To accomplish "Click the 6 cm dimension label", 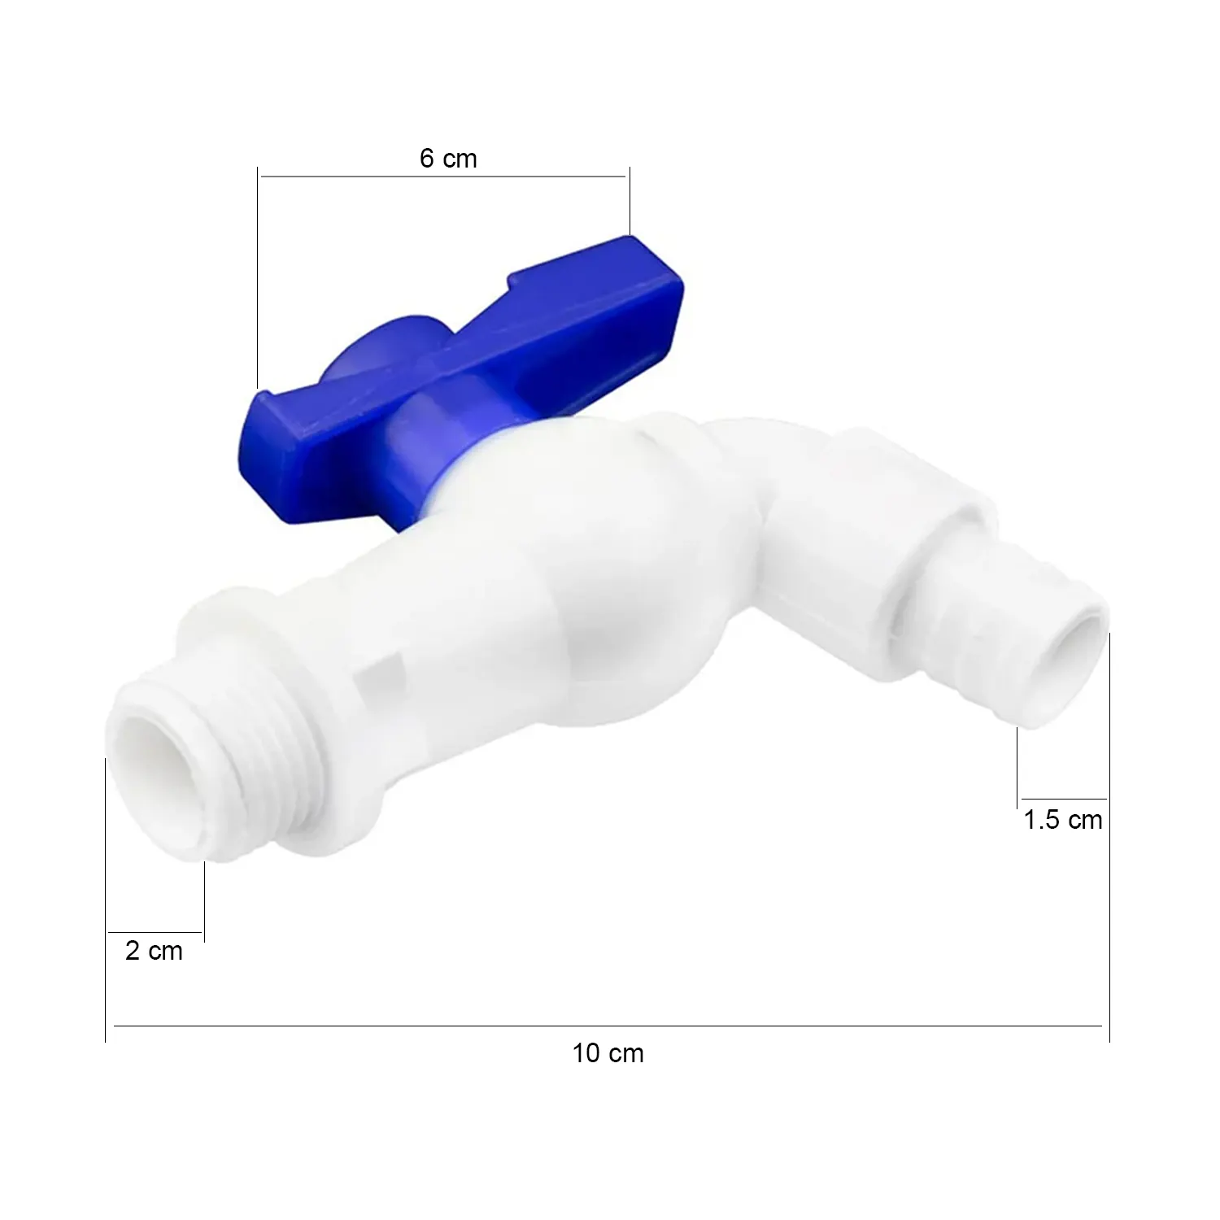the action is (448, 159).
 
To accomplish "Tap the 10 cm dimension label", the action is (608, 1053).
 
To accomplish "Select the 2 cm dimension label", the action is (154, 950).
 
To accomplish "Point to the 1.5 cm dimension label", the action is (1062, 820).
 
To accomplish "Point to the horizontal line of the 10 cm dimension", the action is (608, 1026).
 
